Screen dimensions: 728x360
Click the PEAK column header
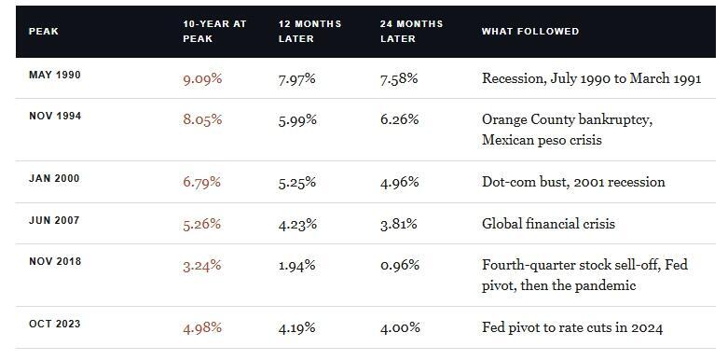[44, 32]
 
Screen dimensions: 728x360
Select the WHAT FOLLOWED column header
[530, 32]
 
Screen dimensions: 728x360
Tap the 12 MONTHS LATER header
[309, 32]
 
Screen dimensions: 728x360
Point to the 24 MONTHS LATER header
[411, 32]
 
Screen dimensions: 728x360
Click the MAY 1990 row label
[55, 75]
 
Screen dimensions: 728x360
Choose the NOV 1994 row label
[55, 117]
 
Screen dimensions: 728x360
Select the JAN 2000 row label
[54, 178]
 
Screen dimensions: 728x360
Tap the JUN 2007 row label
[54, 220]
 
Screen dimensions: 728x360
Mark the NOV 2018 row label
[55, 261]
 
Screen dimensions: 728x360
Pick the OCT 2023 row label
[55, 324]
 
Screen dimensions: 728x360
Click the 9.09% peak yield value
[202, 79]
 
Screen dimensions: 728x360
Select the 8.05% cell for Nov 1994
[202, 120]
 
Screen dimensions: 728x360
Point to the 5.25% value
[297, 182]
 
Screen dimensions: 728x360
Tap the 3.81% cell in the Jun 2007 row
[399, 224]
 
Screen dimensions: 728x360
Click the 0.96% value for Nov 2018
[400, 265]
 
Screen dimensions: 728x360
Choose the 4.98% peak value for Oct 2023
[202, 328]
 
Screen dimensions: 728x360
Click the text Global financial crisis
[548, 224]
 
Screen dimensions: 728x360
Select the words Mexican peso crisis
[542, 140]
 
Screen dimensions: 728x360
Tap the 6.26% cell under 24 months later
[399, 120]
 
